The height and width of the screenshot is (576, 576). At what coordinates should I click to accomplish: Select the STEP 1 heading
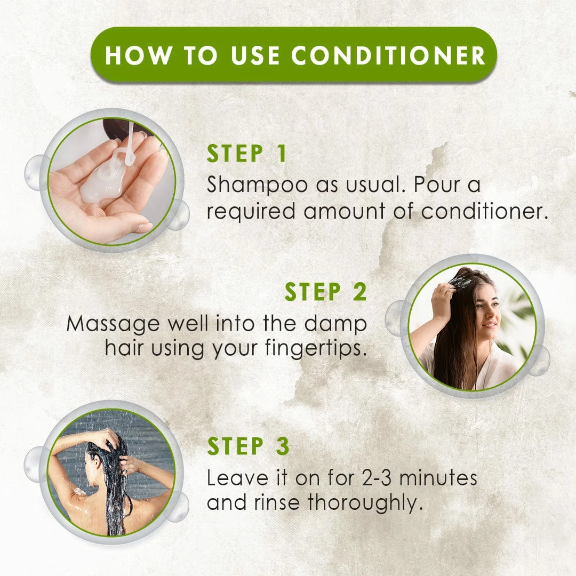(247, 154)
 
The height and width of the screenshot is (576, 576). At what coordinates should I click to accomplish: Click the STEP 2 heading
(325, 292)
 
